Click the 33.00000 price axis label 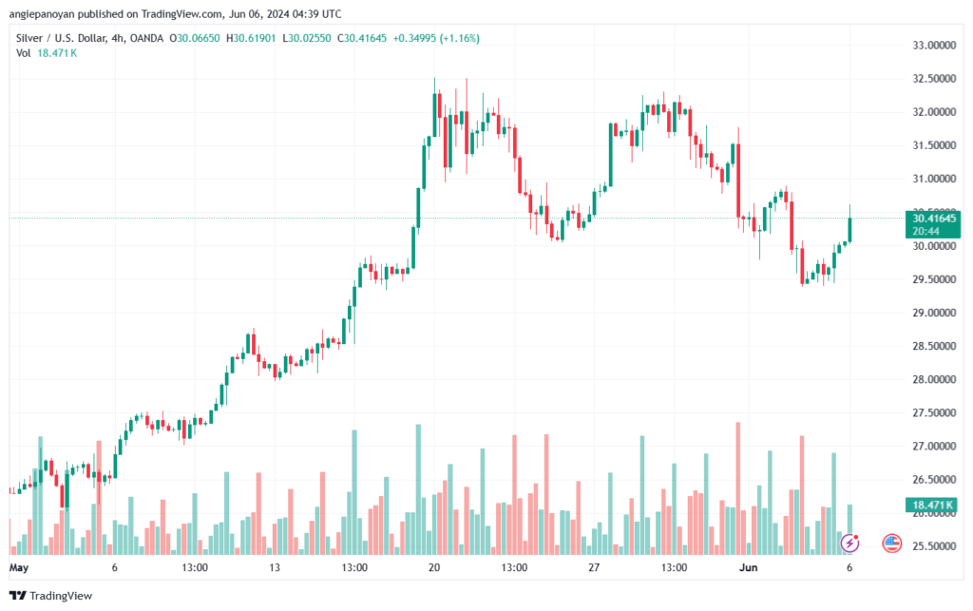(x=932, y=45)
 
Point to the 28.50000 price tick (x=932, y=346)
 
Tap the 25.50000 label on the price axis (x=932, y=546)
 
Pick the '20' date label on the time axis (x=435, y=567)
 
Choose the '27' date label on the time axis (x=595, y=567)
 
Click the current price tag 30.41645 (x=934, y=218)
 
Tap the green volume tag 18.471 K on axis (x=934, y=504)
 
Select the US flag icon (x=891, y=543)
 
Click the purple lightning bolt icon (x=851, y=543)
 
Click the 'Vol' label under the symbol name (x=24, y=53)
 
